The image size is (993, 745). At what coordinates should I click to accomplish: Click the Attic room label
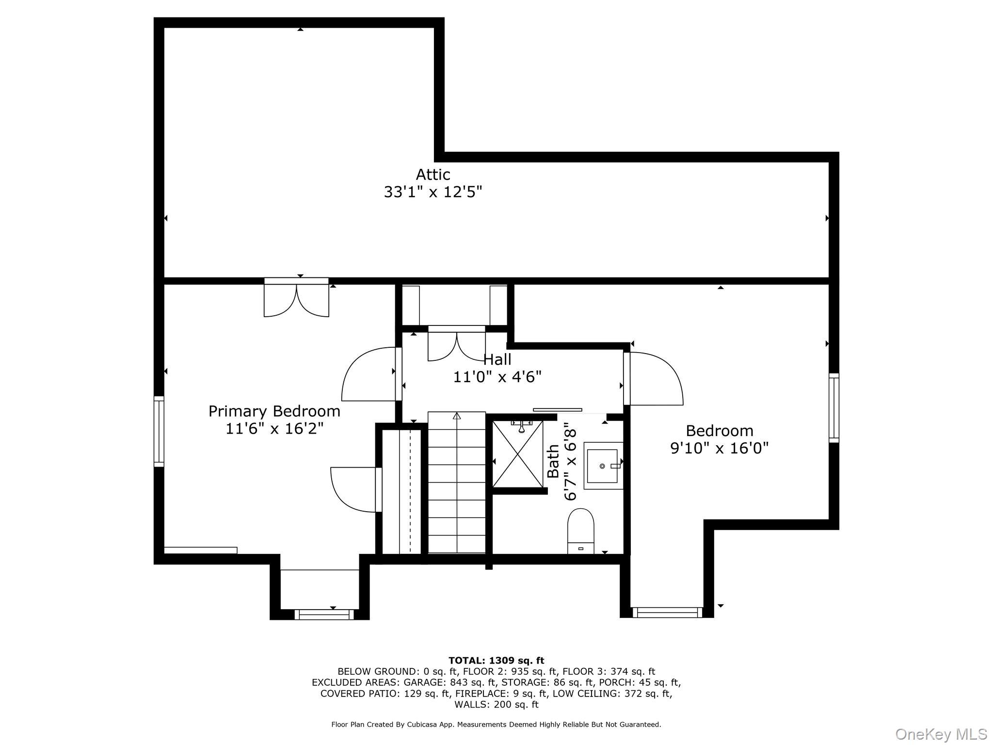tap(433, 175)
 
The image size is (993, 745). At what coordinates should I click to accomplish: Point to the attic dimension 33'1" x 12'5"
tap(433, 192)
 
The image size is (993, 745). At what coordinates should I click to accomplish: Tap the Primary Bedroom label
tap(274, 411)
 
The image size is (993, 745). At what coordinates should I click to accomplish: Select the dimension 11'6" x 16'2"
tap(274, 429)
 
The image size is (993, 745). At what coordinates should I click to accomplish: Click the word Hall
tap(497, 359)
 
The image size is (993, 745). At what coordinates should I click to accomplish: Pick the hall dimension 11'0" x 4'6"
tap(497, 377)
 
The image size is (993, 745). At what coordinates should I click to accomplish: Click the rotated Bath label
tap(553, 461)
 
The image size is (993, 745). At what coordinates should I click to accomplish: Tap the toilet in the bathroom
tap(581, 531)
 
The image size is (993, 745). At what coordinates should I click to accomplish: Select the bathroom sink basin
tap(603, 466)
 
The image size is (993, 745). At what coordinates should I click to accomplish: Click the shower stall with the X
tap(518, 454)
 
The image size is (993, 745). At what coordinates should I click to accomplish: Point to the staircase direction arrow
tap(457, 416)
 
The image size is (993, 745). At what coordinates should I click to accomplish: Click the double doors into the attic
tap(296, 297)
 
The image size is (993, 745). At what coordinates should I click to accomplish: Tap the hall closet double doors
tap(457, 343)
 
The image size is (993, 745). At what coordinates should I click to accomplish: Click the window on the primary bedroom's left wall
tap(159, 432)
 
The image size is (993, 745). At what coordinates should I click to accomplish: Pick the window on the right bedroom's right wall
tap(834, 408)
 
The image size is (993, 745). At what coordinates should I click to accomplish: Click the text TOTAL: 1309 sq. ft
tap(496, 660)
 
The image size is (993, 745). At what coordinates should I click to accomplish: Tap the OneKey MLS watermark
tap(941, 734)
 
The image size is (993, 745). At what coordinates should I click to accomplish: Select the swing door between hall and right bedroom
tap(654, 378)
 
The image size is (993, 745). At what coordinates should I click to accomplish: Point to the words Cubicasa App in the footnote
tap(430, 725)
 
